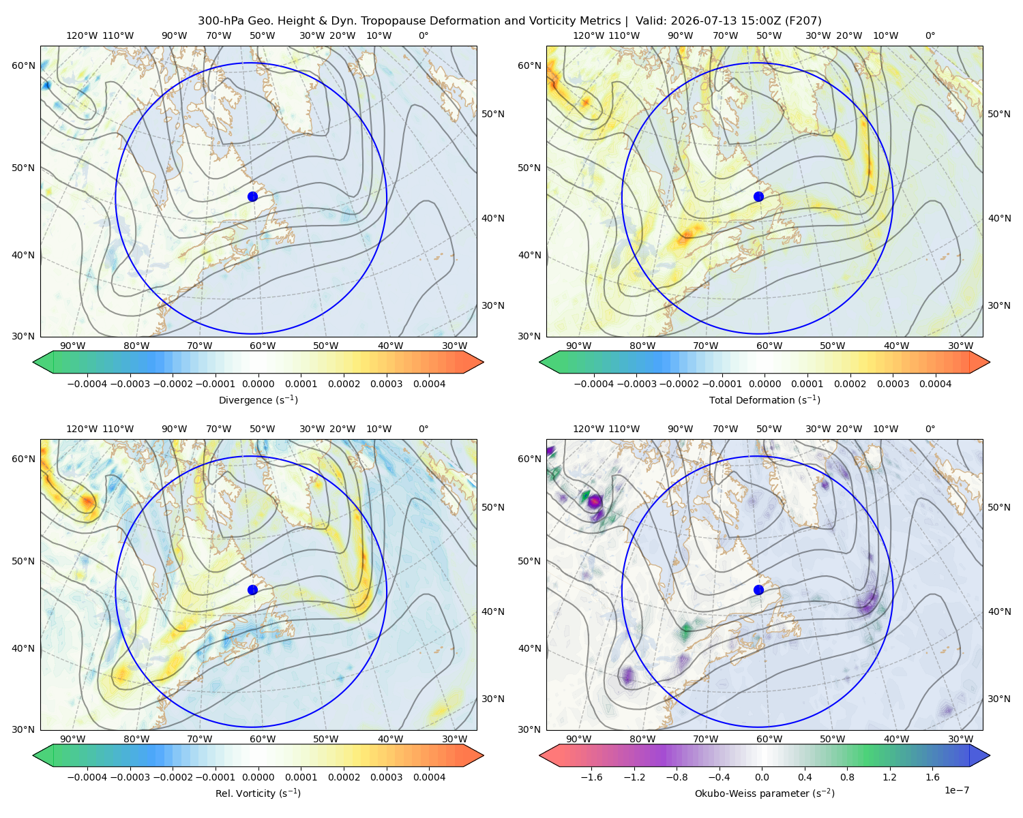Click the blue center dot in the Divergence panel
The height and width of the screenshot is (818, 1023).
tap(252, 196)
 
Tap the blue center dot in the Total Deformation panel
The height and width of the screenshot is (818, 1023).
tap(758, 196)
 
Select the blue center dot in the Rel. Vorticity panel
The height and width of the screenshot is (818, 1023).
tap(252, 590)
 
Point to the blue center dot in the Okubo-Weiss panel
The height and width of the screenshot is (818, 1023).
tap(758, 590)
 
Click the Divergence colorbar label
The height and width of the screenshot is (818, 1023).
tap(258, 399)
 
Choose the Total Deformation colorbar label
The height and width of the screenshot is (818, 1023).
tap(765, 399)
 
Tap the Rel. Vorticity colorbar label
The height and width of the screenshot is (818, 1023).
tap(258, 793)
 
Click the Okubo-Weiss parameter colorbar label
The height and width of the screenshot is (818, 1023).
tap(765, 793)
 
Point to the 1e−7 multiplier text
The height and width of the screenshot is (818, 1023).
tap(956, 790)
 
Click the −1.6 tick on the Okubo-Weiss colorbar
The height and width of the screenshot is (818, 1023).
tap(591, 776)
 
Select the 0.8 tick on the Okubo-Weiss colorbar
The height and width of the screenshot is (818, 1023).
tap(847, 776)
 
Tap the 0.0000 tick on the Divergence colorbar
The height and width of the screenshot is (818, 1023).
tap(258, 384)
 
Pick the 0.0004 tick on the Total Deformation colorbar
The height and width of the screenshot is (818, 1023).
tap(935, 384)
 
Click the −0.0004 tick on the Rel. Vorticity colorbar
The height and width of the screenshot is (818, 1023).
tap(87, 776)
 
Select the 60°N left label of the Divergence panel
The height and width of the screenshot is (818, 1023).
tap(23, 65)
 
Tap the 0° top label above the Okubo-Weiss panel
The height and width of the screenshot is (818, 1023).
tap(930, 429)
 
